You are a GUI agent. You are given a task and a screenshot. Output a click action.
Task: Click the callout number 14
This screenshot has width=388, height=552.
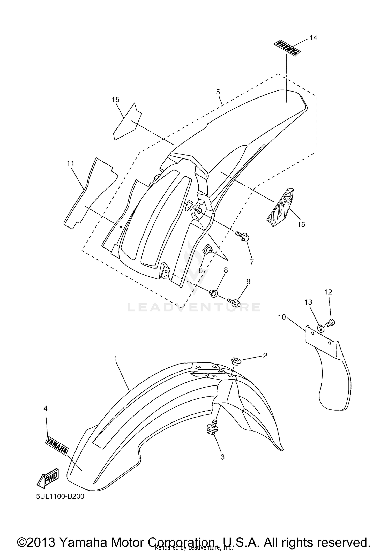coord(313,38)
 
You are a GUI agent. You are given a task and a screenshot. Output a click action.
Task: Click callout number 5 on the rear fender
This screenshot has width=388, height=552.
coord(218,92)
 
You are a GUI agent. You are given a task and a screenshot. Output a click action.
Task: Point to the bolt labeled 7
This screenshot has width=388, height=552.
coord(243,236)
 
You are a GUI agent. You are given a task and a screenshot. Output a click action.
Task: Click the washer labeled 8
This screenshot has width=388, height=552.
coord(213,293)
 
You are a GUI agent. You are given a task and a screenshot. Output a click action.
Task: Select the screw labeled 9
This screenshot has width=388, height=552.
coord(234,302)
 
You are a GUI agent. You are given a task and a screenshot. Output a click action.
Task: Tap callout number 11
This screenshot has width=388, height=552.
coord(70,163)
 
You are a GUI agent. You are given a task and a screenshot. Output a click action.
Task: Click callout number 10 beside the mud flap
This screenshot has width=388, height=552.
coord(282,317)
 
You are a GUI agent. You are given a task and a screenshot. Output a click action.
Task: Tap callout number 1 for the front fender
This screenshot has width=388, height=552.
coord(116,359)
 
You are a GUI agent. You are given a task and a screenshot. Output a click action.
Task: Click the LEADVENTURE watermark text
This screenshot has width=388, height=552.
coord(194,307)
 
